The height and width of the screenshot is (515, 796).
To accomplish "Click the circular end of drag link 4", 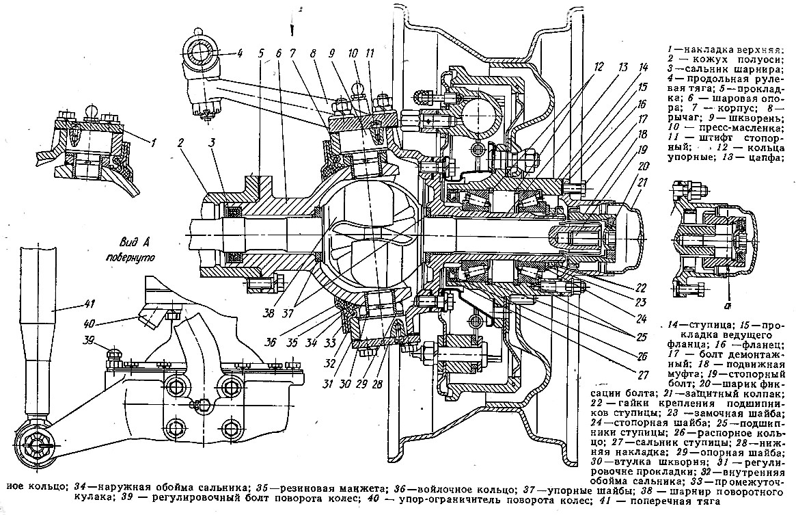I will pyautogui.click(x=201, y=53).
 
